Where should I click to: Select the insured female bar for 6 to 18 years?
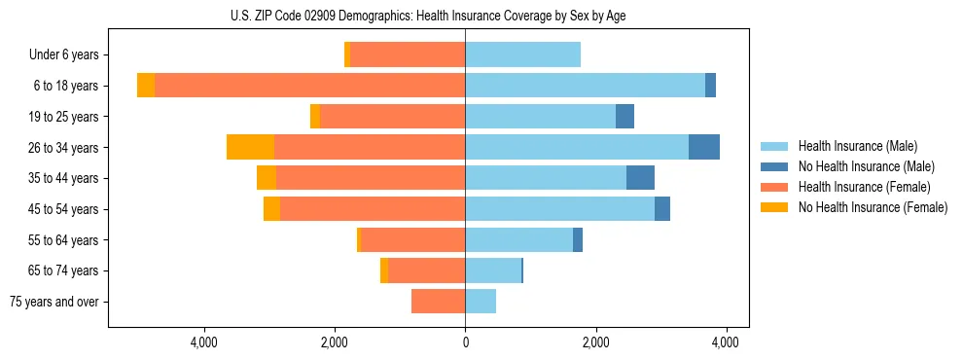309,86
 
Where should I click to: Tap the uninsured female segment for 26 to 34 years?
250,147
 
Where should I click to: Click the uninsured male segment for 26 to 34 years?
704,147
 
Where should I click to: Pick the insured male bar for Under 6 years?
522,54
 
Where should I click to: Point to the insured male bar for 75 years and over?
481,302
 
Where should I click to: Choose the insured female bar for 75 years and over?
438,302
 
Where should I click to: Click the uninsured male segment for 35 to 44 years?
640,178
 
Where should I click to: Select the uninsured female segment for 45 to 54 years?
271,209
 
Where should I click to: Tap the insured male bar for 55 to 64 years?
518,240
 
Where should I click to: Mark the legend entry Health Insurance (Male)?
857,146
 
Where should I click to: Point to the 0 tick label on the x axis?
465,342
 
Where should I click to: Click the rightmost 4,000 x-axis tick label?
726,342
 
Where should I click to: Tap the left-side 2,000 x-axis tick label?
335,342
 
